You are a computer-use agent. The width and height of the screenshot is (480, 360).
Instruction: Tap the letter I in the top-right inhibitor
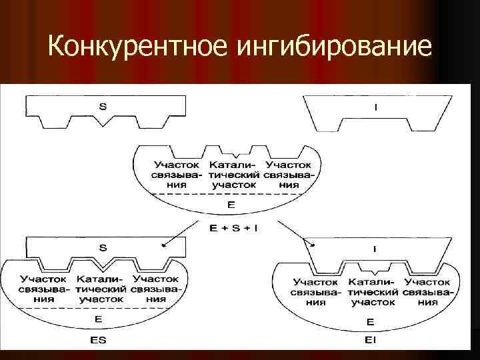[375, 107]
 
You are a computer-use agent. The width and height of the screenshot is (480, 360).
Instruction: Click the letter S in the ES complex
[103, 247]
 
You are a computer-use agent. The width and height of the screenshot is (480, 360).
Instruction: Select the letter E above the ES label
[99, 319]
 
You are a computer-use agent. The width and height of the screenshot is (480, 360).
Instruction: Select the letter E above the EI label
[370, 322]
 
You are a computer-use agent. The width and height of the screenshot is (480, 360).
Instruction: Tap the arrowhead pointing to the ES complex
[163, 245]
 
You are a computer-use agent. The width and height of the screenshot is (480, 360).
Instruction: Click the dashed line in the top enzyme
[230, 194]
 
